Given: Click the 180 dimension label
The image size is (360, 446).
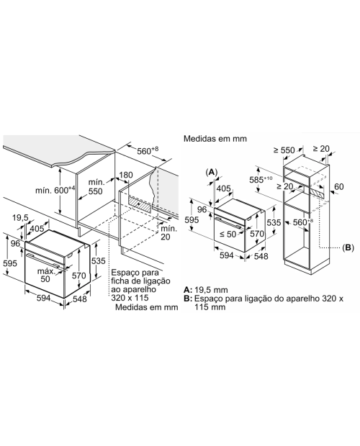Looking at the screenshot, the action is pyautogui.click(x=125, y=175).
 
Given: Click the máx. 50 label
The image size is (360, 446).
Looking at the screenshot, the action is pyautogui.click(x=46, y=275).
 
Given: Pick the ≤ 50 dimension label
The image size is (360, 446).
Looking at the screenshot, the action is pyautogui.click(x=228, y=235).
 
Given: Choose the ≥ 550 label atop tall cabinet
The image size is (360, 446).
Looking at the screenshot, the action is pyautogui.click(x=284, y=150).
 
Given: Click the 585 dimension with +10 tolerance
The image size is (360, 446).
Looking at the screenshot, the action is pyautogui.click(x=261, y=180).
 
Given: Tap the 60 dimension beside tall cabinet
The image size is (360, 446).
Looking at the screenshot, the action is pyautogui.click(x=339, y=186).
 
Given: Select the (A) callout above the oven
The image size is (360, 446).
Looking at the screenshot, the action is pyautogui.click(x=212, y=172).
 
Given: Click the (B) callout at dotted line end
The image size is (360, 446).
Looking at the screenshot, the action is pyautogui.click(x=348, y=247).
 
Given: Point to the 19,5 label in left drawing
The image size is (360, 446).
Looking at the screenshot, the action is pyautogui.click(x=20, y=218).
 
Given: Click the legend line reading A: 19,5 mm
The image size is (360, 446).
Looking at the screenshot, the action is pyautogui.click(x=206, y=290).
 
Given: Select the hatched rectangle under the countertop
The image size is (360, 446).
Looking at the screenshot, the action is pyautogui.click(x=140, y=204).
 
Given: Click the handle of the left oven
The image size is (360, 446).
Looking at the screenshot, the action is pyautogui.click(x=43, y=260).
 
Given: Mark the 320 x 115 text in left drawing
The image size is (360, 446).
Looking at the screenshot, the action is pyautogui.click(x=130, y=298).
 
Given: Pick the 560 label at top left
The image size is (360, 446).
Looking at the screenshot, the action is pyautogui.click(x=148, y=150).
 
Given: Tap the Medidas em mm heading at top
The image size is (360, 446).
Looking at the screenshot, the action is pyautogui.click(x=215, y=139).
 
